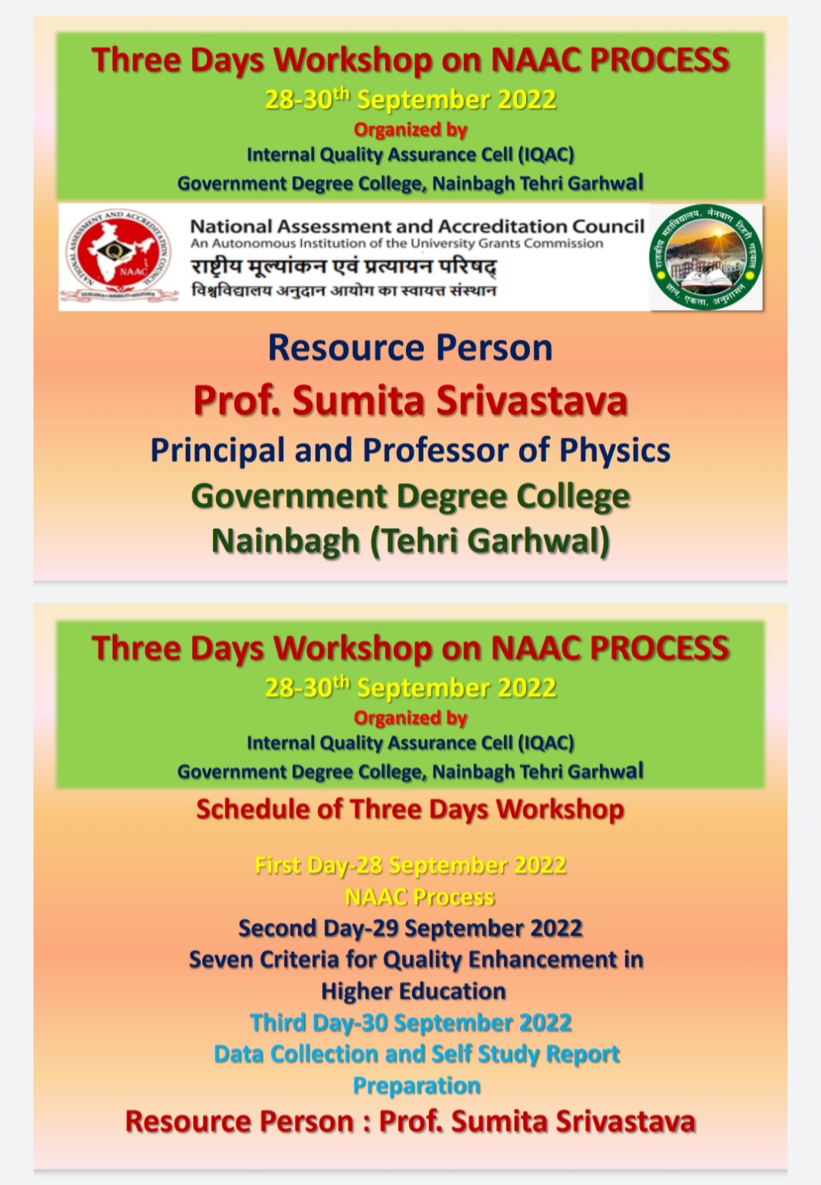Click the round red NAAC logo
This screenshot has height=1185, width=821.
pyautogui.click(x=118, y=256)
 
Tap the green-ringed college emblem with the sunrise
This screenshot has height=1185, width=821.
pyautogui.click(x=705, y=256)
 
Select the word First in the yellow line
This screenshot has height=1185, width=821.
pyautogui.click(x=279, y=866)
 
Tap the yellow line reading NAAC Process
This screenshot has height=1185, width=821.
pyautogui.click(x=419, y=897)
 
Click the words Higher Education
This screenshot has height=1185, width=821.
pyautogui.click(x=414, y=991)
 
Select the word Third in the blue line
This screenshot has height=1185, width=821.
pyautogui.click(x=278, y=1023)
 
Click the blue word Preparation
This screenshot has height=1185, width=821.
pyautogui.click(x=417, y=1086)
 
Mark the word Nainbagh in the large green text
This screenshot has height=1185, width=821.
pyautogui.click(x=286, y=540)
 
